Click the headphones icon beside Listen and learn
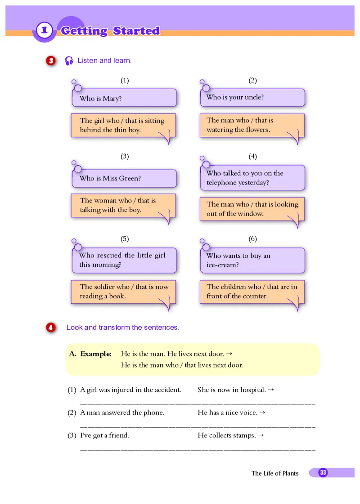click(69, 61)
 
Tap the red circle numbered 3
click(50, 61)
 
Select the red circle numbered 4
click(50, 328)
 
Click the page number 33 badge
click(323, 472)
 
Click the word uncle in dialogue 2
click(254, 97)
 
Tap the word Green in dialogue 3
click(130, 178)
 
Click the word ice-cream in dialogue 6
click(222, 265)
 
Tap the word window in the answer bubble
click(251, 214)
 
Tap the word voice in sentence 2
click(248, 412)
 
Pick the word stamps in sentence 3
click(245, 435)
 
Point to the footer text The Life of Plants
click(275, 473)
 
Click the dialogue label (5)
click(125, 238)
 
